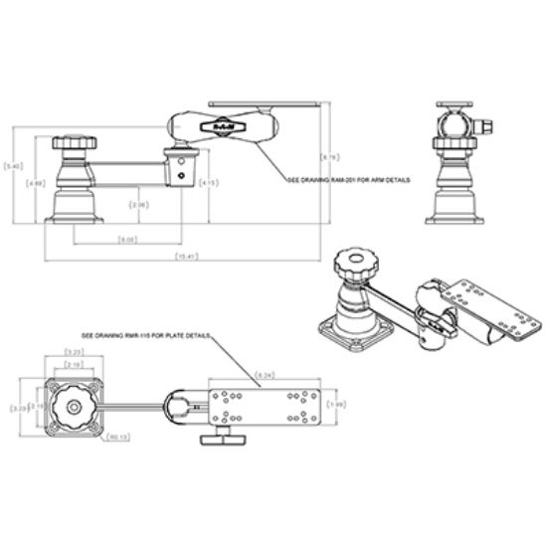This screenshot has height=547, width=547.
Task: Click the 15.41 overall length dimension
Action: tap(184, 258)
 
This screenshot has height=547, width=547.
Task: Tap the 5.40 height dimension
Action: tap(13, 165)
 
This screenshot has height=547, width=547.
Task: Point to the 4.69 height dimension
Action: tap(36, 183)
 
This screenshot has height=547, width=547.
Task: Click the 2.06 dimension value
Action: tap(140, 205)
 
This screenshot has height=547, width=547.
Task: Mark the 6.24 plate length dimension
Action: tap(266, 375)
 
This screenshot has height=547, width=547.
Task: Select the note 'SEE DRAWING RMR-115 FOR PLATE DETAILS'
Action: tap(145, 336)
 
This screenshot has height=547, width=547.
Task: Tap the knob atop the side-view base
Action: tap(75, 145)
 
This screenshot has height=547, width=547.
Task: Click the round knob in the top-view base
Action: tap(74, 406)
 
